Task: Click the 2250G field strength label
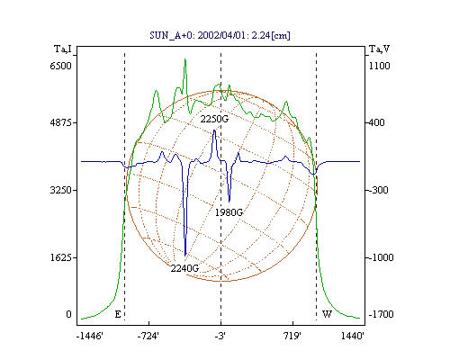(214, 119)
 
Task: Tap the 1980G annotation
(229, 212)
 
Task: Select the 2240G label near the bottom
(184, 268)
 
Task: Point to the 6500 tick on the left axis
(61, 66)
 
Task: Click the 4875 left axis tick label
(61, 122)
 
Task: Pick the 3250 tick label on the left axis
(61, 190)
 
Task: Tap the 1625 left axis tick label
(61, 257)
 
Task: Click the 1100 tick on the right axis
(379, 66)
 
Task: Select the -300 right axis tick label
(378, 190)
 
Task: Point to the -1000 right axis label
(381, 257)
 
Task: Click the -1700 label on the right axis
(381, 314)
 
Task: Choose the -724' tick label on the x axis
(148, 337)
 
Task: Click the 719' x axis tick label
(292, 337)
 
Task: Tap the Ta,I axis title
(63, 49)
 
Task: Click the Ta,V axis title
(379, 49)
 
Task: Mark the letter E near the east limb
(118, 314)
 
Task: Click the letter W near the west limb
(327, 314)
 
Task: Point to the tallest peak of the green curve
(185, 59)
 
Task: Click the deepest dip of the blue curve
(185, 256)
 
